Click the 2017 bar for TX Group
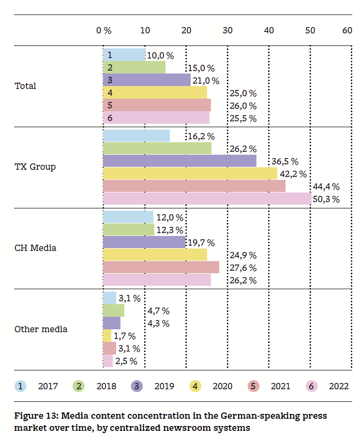click(136, 136)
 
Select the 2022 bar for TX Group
click(207, 199)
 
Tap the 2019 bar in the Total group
click(147, 80)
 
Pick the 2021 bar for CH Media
click(161, 267)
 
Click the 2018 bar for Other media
click(114, 310)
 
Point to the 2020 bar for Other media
click(107, 336)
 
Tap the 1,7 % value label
click(125, 336)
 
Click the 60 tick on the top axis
click(347, 30)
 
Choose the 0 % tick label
click(104, 30)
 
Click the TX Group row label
click(35, 167)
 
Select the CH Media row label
click(35, 248)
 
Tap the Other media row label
click(41, 329)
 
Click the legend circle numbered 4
click(195, 386)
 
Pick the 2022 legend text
click(339, 386)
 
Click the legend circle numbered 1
click(21, 386)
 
